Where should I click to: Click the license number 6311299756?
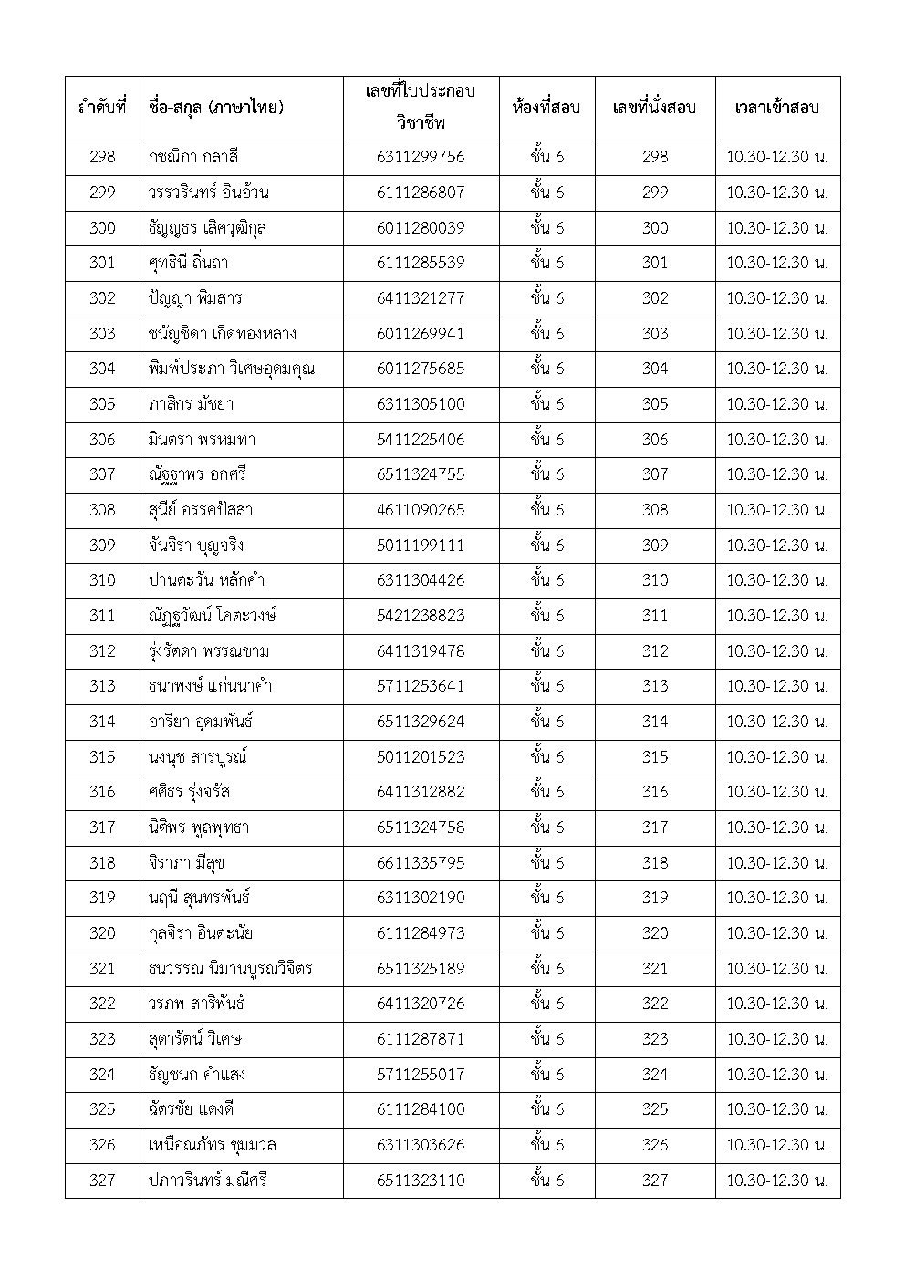pyautogui.click(x=420, y=157)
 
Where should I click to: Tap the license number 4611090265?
pyautogui.click(x=420, y=510)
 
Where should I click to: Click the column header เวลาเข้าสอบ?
pyautogui.click(x=776, y=107)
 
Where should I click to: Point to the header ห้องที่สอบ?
pyautogui.click(x=546, y=107)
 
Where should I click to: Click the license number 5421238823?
pyautogui.click(x=420, y=616)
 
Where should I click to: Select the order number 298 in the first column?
pyautogui.click(x=102, y=157)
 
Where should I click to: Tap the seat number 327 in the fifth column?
pyautogui.click(x=654, y=1181)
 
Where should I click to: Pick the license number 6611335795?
pyautogui.click(x=420, y=863)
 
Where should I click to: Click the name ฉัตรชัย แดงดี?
pyautogui.click(x=192, y=1109)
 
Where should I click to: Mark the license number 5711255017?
pyautogui.click(x=420, y=1075)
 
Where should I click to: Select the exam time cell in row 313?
pyautogui.click(x=776, y=686)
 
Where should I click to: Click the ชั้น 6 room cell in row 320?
pyautogui.click(x=546, y=933)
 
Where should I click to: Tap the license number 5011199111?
pyautogui.click(x=420, y=546)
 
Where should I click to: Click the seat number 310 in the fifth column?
pyautogui.click(x=654, y=580)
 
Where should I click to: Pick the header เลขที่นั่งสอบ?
pyautogui.click(x=654, y=107)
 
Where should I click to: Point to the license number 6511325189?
pyautogui.click(x=420, y=969)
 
